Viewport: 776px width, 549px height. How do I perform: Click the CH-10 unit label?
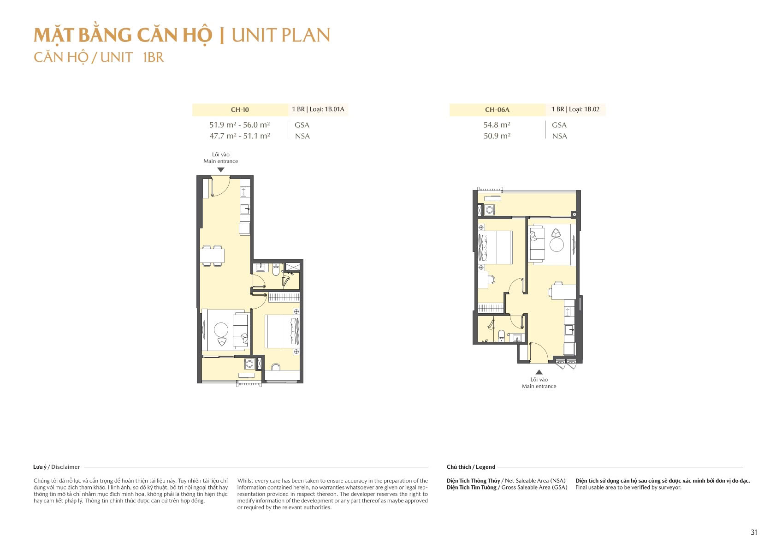click(x=240, y=110)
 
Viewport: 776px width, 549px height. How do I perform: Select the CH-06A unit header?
click(x=497, y=110)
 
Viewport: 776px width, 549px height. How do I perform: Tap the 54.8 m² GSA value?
click(x=497, y=125)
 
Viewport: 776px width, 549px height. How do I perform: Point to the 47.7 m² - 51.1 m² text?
click(x=240, y=136)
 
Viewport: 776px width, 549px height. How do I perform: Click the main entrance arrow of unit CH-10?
click(x=221, y=170)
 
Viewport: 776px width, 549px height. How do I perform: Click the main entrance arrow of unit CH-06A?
click(x=539, y=372)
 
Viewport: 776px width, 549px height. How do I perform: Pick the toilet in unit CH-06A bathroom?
click(x=501, y=335)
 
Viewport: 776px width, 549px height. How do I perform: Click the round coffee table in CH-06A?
click(x=557, y=245)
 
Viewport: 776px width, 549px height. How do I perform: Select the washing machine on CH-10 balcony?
click(x=249, y=364)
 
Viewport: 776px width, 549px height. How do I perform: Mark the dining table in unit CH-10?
click(x=212, y=256)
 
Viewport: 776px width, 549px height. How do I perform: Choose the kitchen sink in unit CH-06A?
click(x=569, y=330)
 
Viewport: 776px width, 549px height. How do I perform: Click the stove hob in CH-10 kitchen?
click(x=244, y=191)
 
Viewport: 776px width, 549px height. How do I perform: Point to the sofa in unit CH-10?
click(x=240, y=330)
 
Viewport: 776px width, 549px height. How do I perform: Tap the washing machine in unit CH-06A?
click(x=490, y=210)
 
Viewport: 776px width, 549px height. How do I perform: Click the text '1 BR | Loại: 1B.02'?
click(x=575, y=109)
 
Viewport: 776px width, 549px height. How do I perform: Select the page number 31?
click(x=754, y=532)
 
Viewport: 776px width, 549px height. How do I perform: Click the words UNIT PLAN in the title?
click(x=281, y=36)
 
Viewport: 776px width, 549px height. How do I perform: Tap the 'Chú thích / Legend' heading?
click(x=471, y=467)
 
